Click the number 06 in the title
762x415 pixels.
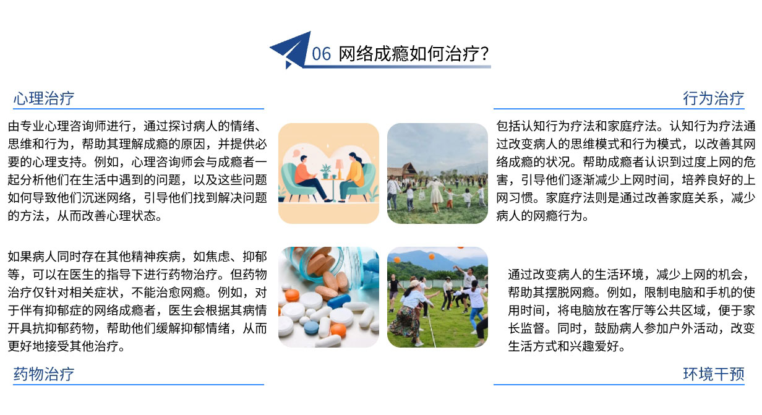click(321, 54)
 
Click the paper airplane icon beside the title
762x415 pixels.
click(291, 49)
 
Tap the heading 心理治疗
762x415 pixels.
click(44, 98)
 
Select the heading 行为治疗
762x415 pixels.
click(713, 98)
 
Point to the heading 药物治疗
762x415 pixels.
click(44, 374)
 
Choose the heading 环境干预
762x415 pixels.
click(713, 374)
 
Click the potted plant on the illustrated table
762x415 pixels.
click(325, 171)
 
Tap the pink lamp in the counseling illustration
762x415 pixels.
click(339, 168)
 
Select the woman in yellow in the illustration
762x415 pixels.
click(354, 177)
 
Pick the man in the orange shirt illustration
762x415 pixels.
click(308, 179)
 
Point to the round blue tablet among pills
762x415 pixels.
click(311, 328)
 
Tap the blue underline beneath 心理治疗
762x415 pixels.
click(139, 109)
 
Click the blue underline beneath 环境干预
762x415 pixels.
click(619, 385)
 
